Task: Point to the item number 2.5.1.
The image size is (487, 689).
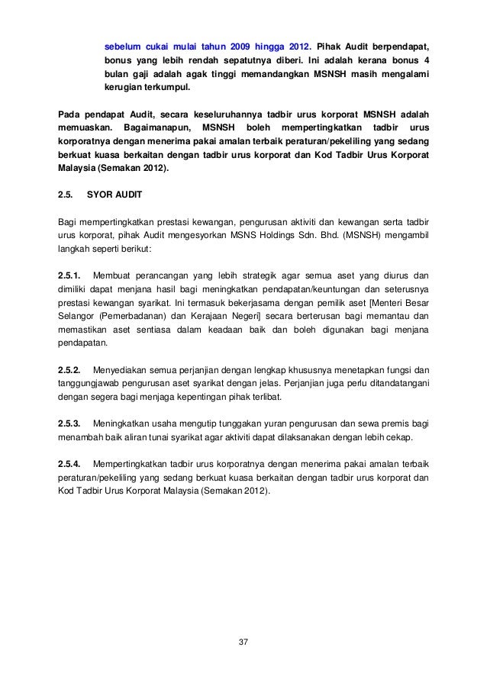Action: pyautogui.click(x=72, y=274)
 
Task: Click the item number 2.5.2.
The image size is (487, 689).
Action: pyautogui.click(x=72, y=369)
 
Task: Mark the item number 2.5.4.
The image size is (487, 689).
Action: pyautogui.click(x=72, y=464)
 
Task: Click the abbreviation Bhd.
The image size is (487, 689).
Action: pyautogui.click(x=363, y=234)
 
